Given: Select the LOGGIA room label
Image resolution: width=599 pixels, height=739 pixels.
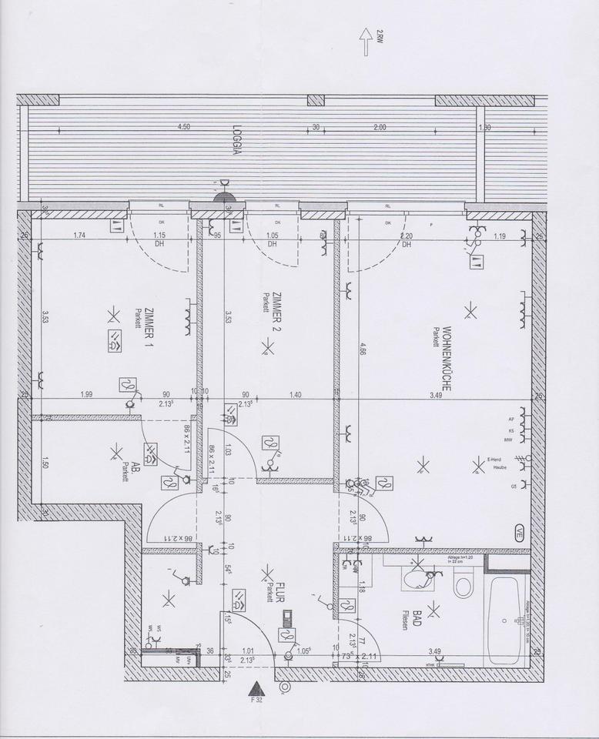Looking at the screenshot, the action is tap(237, 142).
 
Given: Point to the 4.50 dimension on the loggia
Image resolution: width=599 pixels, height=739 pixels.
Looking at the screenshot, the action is tap(183, 128).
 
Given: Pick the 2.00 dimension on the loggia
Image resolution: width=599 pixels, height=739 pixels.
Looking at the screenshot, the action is tap(380, 128).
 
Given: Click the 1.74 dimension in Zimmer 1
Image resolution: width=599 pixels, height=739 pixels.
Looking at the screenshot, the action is tap(79, 236).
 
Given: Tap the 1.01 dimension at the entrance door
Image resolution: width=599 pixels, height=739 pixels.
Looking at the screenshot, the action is tap(249, 650).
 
